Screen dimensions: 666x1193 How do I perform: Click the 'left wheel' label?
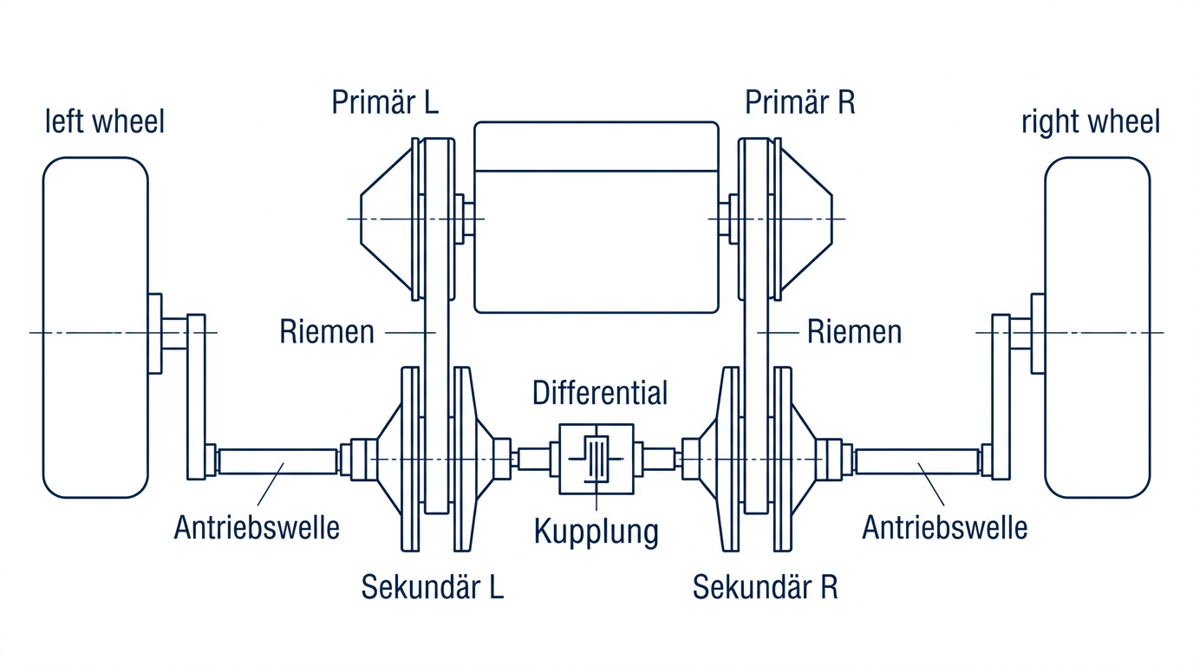coord(104,121)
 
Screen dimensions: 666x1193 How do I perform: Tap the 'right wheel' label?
coord(1090,121)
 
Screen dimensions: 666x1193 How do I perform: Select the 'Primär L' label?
coord(385,101)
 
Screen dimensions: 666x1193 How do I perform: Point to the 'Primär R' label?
coord(799,101)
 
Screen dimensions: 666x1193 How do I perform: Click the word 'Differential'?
coord(600,392)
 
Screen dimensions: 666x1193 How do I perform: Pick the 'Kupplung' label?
coord(596,531)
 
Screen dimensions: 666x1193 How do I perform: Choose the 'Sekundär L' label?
coord(432,587)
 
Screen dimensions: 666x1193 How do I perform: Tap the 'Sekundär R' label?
coord(765,587)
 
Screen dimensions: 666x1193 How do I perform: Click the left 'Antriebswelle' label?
coord(257,526)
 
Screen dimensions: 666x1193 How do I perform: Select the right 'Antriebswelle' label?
coord(944,526)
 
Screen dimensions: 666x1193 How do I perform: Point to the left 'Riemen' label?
coord(327,331)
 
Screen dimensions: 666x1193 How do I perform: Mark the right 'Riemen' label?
coord(854,331)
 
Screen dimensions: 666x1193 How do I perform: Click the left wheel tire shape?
coord(95,328)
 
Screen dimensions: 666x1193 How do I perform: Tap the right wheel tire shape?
coord(1097,328)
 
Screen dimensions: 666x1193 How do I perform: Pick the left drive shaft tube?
coord(277,460)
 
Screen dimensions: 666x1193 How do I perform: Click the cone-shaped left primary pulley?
coord(387,219)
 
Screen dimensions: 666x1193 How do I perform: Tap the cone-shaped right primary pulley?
coord(806,219)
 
